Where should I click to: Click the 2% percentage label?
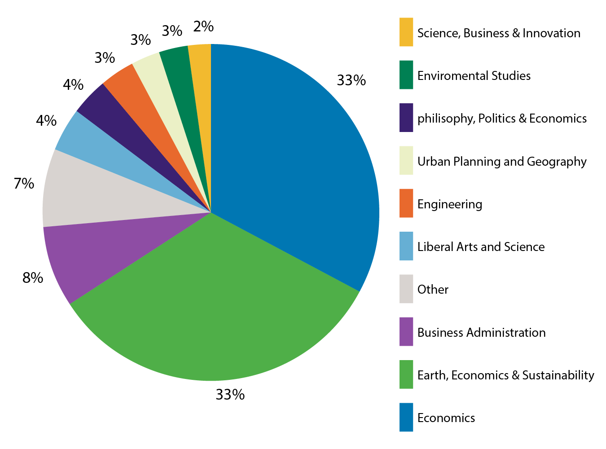point(203,27)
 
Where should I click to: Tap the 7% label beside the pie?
point(24,184)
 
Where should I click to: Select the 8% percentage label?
point(33,278)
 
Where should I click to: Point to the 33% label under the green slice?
point(230,395)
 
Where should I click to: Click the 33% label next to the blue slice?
point(351,80)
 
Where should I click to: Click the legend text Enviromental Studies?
point(474,75)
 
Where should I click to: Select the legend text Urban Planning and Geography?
point(502,162)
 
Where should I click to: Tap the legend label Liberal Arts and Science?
point(481,247)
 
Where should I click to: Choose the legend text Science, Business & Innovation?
point(499,33)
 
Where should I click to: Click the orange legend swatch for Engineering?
point(406,203)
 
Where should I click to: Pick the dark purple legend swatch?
point(406,118)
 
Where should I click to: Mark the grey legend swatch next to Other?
point(406,289)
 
